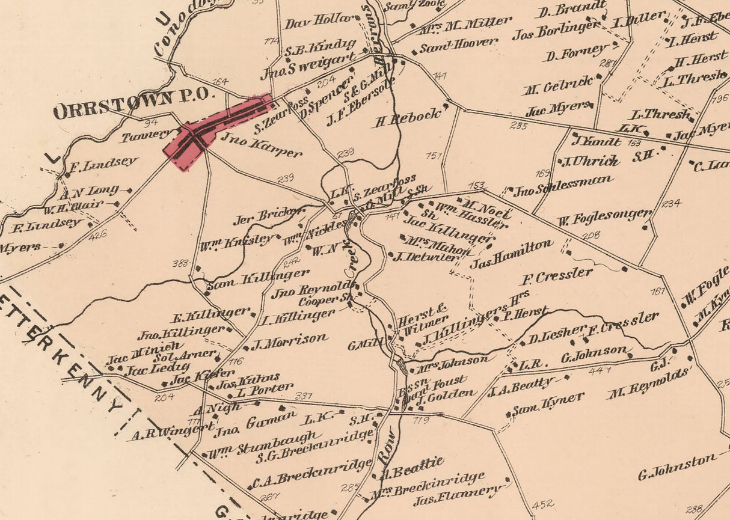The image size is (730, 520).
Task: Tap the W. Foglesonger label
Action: click(x=604, y=217)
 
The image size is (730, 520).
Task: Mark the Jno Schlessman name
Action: click(x=563, y=186)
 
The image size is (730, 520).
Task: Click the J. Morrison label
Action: click(x=289, y=340)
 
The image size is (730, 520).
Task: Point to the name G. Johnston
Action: click(x=678, y=466)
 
